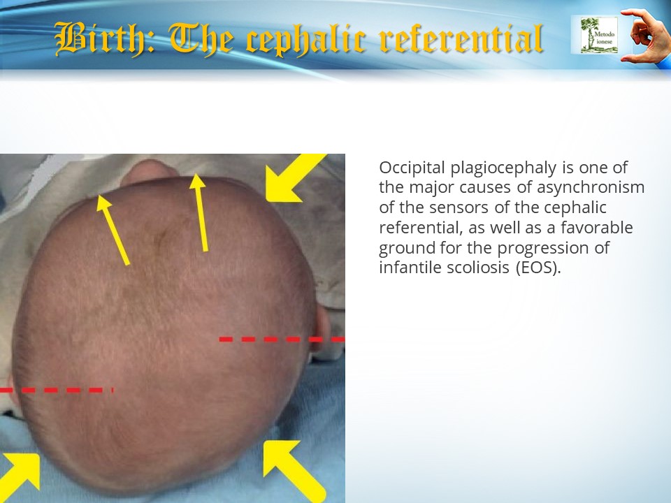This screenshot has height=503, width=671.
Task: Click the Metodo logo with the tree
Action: pos(599,35)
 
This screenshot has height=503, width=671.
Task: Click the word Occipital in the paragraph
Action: pos(412,168)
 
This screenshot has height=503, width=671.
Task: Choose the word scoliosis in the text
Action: pos(478,268)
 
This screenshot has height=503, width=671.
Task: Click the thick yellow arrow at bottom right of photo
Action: pos(293,469)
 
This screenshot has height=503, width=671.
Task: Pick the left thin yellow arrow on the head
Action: pos(113,230)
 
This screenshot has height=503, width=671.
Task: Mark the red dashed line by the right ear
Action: pos(282,340)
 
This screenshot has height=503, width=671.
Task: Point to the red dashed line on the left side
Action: pos(57,390)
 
